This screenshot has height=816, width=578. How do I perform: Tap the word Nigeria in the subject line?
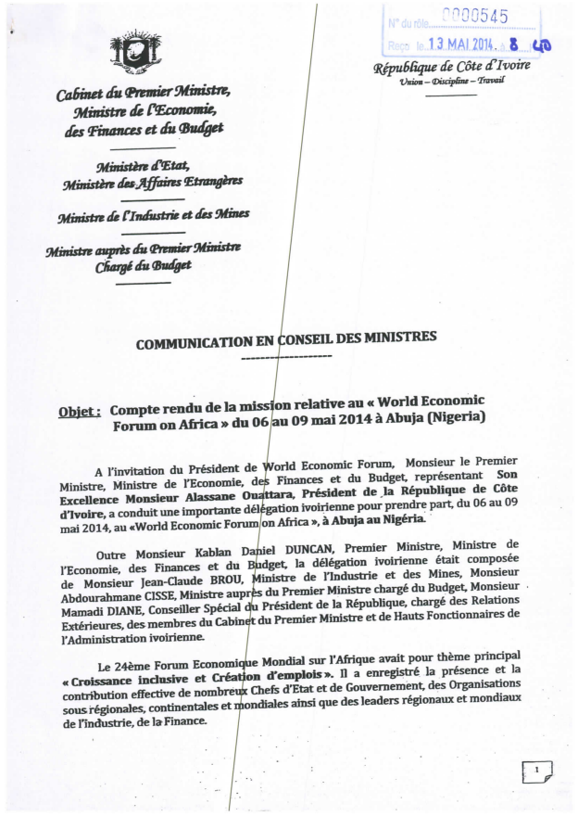[x=447, y=417]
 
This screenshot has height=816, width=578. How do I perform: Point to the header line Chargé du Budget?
[x=145, y=265]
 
